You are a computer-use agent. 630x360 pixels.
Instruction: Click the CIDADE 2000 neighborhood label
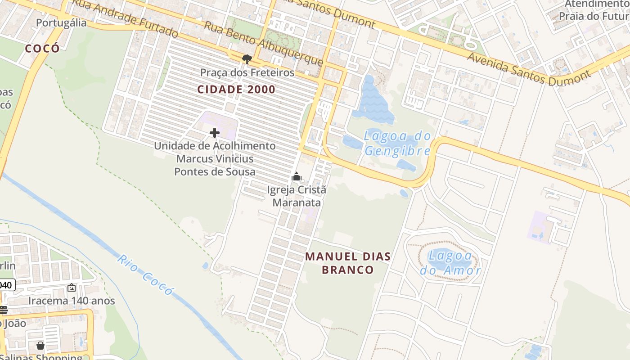click(236, 90)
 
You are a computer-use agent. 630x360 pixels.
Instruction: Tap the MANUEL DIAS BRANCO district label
click(348, 263)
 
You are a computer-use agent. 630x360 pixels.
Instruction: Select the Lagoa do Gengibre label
click(397, 144)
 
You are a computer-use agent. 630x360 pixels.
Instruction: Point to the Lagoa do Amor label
click(450, 263)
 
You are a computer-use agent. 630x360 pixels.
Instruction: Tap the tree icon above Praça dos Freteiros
click(247, 59)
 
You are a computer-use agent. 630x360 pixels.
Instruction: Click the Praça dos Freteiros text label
click(247, 72)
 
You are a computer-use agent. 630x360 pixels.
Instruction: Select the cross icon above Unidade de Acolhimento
click(215, 133)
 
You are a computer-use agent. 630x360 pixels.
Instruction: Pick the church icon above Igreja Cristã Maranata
click(296, 176)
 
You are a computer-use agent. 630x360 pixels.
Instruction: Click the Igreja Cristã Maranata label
click(297, 196)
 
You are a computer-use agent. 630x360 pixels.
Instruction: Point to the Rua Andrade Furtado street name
click(126, 18)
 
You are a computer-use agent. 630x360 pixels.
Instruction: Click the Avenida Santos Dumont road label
click(528, 69)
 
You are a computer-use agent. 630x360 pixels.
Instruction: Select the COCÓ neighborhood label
click(42, 49)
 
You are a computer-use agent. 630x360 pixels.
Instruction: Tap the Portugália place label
click(61, 23)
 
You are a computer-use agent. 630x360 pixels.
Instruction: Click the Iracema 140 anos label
click(72, 301)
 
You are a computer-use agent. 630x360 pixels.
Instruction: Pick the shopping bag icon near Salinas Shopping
click(40, 346)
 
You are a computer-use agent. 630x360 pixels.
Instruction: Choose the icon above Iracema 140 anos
click(72, 288)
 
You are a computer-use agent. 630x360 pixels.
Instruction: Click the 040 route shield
click(7, 285)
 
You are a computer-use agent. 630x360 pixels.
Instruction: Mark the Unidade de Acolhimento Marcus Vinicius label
click(215, 159)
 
